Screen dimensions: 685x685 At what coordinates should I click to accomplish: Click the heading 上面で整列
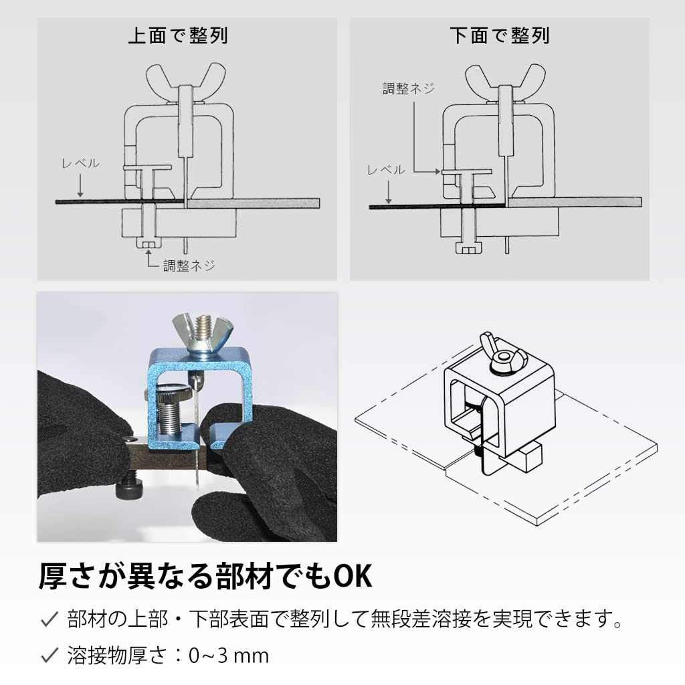[178, 35]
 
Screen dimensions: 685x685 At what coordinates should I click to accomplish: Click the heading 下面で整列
[499, 35]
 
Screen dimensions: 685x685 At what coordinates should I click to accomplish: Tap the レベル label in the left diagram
[80, 163]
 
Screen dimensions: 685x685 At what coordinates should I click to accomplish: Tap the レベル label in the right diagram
[386, 170]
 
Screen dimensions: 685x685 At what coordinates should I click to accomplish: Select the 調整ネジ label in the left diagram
[189, 266]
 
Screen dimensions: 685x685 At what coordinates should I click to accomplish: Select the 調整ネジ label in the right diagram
[408, 89]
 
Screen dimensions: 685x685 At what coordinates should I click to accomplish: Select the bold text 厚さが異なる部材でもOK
[205, 576]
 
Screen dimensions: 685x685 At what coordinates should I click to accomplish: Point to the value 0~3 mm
[229, 656]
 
